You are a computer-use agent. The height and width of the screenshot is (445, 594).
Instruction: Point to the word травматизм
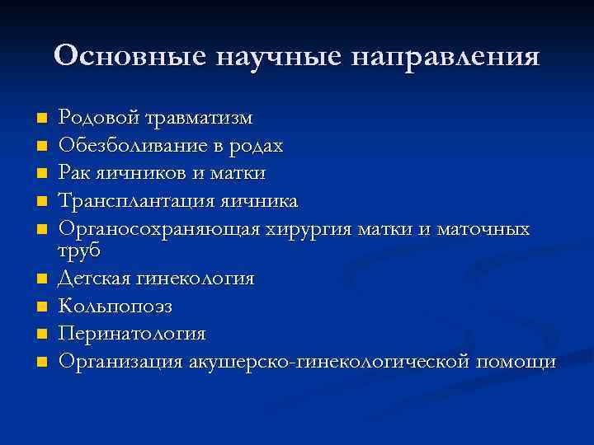pos(199,118)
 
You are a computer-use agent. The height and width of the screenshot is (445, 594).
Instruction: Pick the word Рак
pos(74,173)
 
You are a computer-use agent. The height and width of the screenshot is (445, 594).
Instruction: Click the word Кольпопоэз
pos(115,306)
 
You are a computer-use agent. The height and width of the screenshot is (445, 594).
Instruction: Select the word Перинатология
pos(132,334)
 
